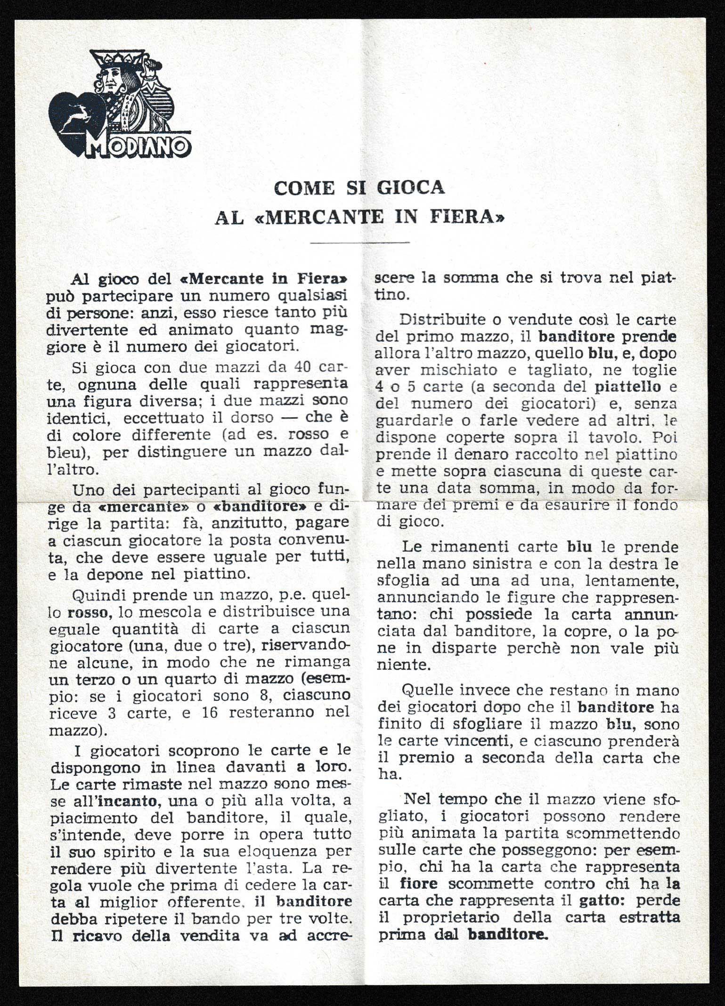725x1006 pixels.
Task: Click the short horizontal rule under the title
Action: (x=360, y=243)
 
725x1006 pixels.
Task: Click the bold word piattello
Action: (x=628, y=387)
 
